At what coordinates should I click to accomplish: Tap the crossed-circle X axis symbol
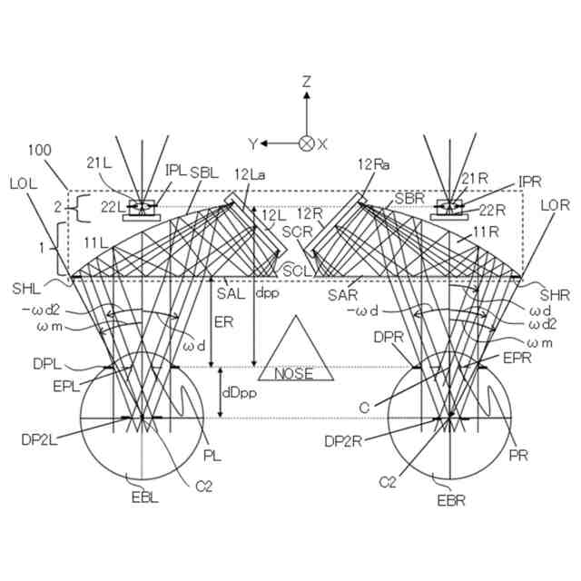[307, 143]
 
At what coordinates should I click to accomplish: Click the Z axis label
[307, 82]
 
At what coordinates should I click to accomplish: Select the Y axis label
[252, 143]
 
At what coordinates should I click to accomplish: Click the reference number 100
[41, 150]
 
